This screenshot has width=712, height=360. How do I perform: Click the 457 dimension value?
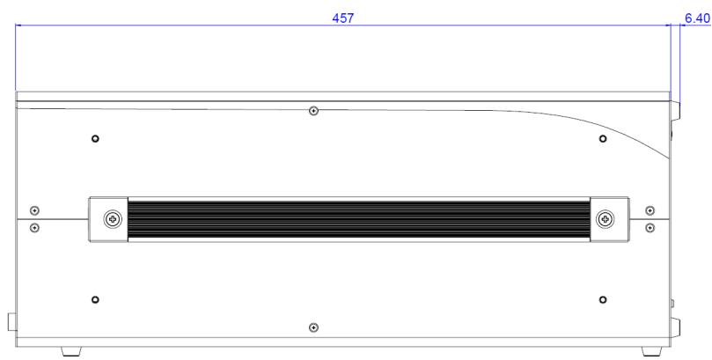coord(343,18)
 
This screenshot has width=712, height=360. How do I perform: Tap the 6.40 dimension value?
coord(697,18)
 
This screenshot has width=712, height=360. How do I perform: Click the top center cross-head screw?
coord(313,111)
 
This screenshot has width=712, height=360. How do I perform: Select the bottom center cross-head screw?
coord(313,327)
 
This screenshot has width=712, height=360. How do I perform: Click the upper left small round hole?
coord(95,138)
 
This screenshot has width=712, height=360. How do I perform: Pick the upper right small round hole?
coord(603,138)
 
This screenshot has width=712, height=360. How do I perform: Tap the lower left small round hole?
coord(95,299)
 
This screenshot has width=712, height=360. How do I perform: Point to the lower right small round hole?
coord(603,299)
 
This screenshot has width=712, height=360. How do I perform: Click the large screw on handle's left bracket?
coord(113,220)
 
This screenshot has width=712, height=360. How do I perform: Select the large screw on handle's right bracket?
coord(606,220)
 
